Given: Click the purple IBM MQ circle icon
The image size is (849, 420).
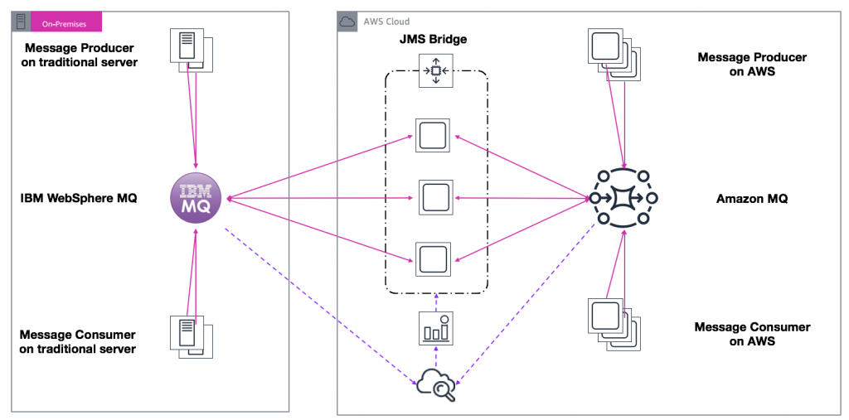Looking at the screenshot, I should pyautogui.click(x=200, y=199).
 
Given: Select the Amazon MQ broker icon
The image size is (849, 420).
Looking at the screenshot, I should pyautogui.click(x=623, y=198).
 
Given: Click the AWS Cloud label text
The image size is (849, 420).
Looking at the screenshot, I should pyautogui.click(x=386, y=22).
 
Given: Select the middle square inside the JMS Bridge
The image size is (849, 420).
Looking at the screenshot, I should pyautogui.click(x=434, y=198).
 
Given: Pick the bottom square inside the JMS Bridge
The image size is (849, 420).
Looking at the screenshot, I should pyautogui.click(x=434, y=259).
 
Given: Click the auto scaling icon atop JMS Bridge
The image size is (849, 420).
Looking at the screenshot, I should pyautogui.click(x=434, y=70).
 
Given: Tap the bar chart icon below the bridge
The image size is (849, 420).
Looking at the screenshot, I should pyautogui.click(x=434, y=329).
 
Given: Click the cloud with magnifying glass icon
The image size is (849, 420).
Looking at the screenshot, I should pyautogui.click(x=437, y=383).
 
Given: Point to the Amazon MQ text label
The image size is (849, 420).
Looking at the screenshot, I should pyautogui.click(x=752, y=199).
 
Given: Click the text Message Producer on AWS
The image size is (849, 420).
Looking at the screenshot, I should pyautogui.click(x=752, y=65).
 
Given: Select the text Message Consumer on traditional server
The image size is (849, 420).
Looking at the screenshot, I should pyautogui.click(x=77, y=341).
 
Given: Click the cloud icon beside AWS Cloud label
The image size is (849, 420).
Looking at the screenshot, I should pyautogui.click(x=348, y=22).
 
